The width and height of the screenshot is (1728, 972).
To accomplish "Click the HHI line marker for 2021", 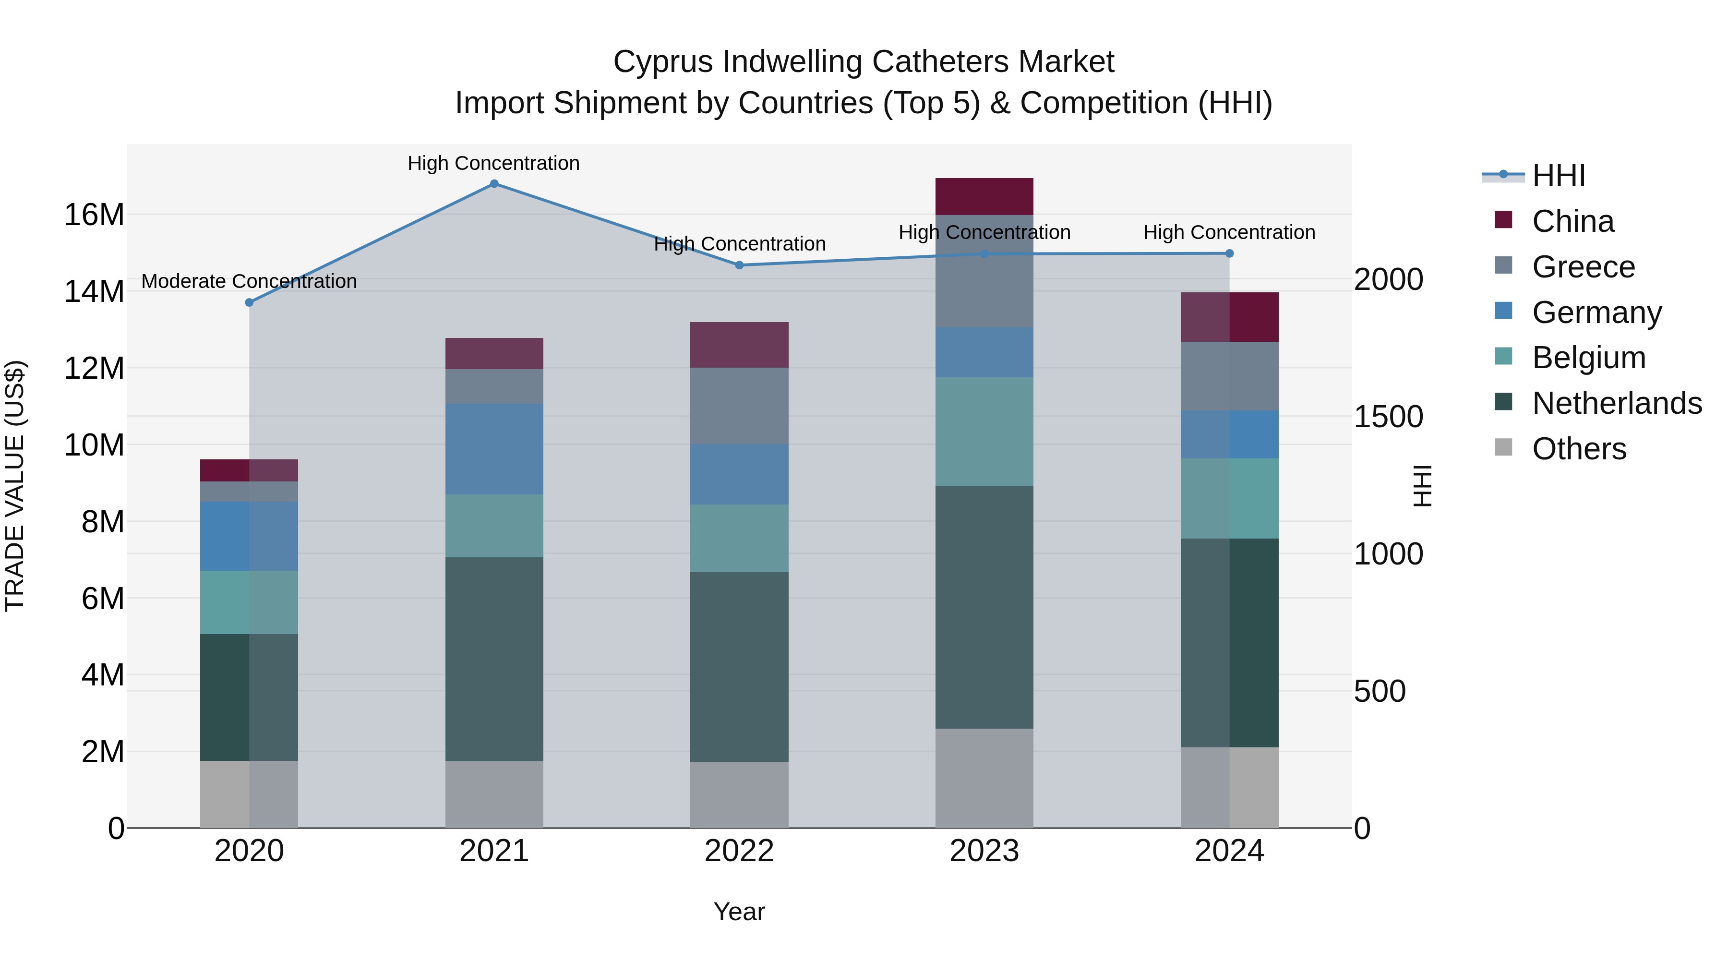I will pos(494,184).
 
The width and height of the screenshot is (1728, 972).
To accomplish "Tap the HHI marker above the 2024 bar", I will pos(1229,253).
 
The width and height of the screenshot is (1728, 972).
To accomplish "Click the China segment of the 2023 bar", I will pos(984,196).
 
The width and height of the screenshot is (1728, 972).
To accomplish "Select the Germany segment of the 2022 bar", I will pos(739,474).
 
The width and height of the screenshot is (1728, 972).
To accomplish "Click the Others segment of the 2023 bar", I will pos(984,778).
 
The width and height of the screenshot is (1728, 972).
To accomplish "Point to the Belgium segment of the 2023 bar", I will pos(984,432).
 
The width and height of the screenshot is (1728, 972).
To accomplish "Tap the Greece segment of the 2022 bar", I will pos(739,406).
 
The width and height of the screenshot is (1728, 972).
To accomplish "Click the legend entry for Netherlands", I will pos(1617,403).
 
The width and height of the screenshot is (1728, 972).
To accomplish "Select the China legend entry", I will pos(1572,221).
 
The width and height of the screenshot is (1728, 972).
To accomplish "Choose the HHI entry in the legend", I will pos(1558,176).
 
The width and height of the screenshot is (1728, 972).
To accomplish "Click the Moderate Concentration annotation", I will pos(249,281).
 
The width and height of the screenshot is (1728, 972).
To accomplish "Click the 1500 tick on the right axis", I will pos(1388,417).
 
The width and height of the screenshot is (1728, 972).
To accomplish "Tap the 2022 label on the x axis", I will pos(739,851).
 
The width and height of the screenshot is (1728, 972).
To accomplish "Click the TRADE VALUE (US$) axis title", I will pos(15,486).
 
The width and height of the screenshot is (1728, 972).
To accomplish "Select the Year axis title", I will pos(739,912).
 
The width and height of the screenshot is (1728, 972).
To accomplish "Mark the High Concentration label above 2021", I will pos(494,163).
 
